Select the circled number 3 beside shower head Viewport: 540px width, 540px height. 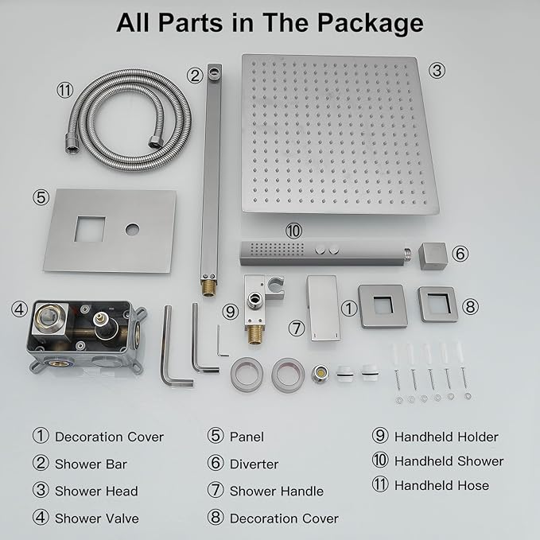[437, 70]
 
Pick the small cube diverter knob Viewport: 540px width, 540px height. [435, 254]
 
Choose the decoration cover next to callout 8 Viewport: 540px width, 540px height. [437, 303]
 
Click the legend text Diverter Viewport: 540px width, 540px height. [254, 464]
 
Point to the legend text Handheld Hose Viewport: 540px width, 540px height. [441, 485]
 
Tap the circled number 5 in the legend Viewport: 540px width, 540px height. [216, 437]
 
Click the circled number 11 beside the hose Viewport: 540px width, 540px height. [64, 90]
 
